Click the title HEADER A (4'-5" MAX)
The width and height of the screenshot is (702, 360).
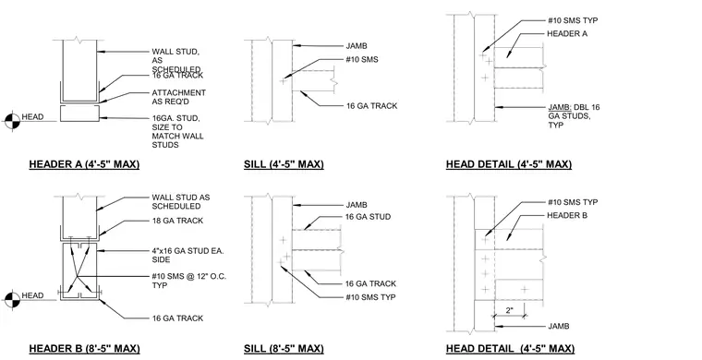coord(84,164)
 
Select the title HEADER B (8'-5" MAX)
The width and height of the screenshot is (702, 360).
coord(84,348)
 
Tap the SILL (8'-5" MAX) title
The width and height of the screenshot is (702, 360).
coord(284,348)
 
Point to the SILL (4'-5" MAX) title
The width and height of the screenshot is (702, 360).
coord(284,164)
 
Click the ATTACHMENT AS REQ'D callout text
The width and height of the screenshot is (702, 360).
coord(178,97)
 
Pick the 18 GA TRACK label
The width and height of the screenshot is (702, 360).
coord(177,221)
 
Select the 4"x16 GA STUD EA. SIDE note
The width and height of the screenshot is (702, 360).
coord(188,255)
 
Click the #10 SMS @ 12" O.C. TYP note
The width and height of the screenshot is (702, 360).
coord(189,281)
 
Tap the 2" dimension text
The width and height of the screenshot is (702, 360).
coord(510,310)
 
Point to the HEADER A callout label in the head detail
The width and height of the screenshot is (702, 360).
coord(567,33)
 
